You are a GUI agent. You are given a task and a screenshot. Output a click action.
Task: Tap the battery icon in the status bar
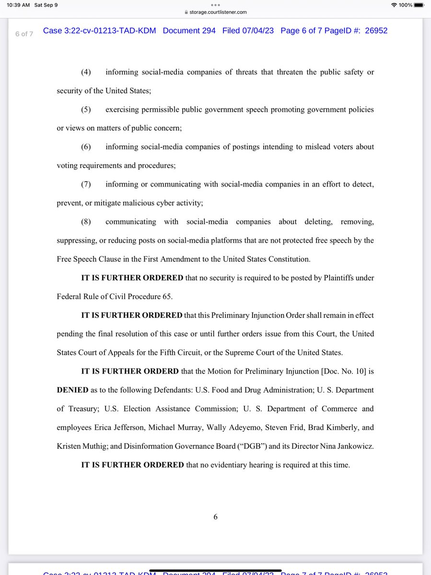coord(419,5)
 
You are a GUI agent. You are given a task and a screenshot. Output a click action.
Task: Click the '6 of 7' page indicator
coord(24,34)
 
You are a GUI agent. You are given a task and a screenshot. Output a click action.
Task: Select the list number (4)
coord(88,72)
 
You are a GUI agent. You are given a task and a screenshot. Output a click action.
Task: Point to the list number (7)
coord(88,184)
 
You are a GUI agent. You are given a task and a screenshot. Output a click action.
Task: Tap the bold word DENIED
coord(72,390)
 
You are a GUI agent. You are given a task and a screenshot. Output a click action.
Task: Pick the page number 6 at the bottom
coord(215,516)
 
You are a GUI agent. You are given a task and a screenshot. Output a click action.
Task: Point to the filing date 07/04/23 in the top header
coord(256,31)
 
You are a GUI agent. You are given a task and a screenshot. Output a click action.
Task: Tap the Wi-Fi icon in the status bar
coord(394,5)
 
